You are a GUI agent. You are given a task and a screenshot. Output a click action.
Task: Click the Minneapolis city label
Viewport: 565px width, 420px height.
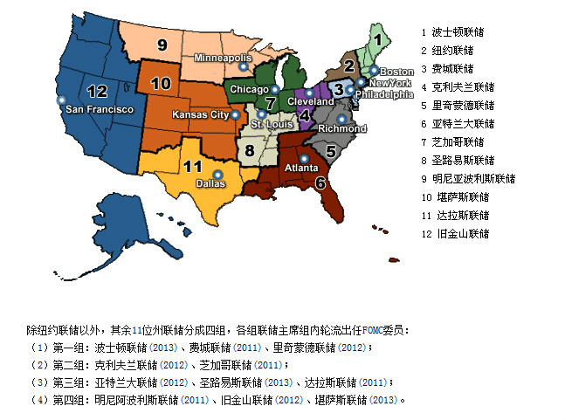coord(223,58)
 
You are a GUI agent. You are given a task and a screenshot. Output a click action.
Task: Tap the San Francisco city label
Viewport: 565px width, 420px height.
coord(100,109)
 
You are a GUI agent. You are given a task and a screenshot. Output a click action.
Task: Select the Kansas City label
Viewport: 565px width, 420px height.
coord(201,114)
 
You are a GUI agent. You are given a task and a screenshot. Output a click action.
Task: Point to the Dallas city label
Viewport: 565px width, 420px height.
coord(209,183)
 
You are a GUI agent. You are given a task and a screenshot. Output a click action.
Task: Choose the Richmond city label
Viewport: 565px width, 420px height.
coord(342,128)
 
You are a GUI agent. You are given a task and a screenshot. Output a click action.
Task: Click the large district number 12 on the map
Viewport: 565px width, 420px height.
coord(97,90)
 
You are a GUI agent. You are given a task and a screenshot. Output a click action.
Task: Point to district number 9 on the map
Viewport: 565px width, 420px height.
coord(162,45)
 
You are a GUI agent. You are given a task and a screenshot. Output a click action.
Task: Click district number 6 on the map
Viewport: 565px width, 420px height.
coord(320,183)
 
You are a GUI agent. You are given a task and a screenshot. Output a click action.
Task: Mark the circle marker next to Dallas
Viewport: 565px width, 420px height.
coord(217,174)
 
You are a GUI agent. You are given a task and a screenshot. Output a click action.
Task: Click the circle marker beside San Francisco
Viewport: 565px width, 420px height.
coord(60,101)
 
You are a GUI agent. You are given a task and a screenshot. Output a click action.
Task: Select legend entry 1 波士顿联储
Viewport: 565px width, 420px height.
coord(452,31)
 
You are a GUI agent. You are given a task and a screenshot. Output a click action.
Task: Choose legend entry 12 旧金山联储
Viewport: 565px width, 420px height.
coord(455,234)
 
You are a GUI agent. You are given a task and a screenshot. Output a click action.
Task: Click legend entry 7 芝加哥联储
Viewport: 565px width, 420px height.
coord(452,142)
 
